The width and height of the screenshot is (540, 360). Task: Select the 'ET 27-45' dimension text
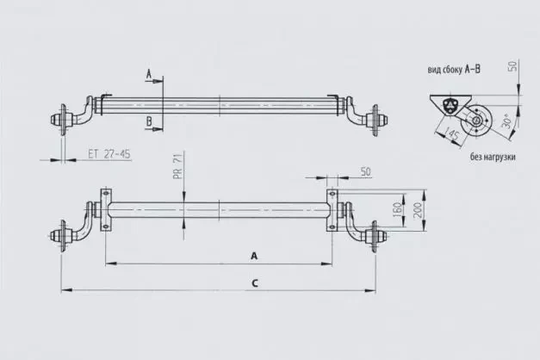109,155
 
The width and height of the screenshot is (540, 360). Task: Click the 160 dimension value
399,210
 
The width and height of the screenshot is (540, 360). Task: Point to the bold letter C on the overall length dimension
254,282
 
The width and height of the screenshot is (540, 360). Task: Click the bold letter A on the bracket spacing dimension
254,256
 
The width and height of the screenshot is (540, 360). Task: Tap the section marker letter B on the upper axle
150,121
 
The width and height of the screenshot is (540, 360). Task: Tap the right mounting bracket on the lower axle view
332,211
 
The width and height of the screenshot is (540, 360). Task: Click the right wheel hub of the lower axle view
376,235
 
